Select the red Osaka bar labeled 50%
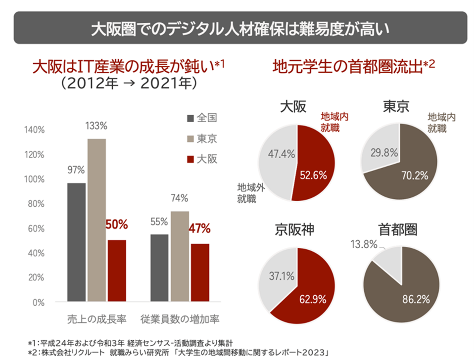coord(117,271)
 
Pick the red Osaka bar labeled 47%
coord(200,272)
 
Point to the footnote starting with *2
coord(178,352)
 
